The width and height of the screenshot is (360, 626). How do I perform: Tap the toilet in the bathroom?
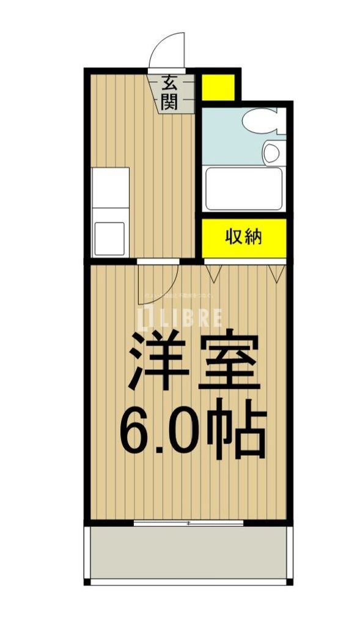click(x=259, y=120)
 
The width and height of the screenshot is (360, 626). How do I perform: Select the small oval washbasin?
click(x=272, y=150)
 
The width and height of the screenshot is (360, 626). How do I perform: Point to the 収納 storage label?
click(x=244, y=236)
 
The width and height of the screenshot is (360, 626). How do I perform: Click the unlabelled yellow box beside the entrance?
click(x=218, y=86)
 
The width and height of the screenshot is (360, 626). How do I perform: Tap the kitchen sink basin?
click(x=110, y=235)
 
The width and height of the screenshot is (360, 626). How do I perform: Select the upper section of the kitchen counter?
click(x=110, y=186)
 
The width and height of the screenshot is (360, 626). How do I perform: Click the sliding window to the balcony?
click(x=188, y=523)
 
